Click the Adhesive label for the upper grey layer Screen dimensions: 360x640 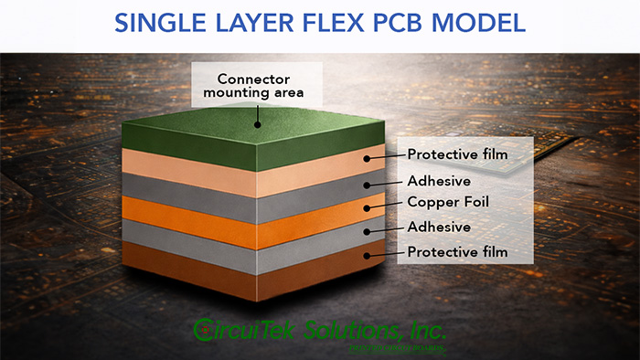point(440,179)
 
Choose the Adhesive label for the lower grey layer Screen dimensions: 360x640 point(440,227)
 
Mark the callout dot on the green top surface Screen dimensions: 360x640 point(259,124)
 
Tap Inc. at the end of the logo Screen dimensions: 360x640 point(424,329)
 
